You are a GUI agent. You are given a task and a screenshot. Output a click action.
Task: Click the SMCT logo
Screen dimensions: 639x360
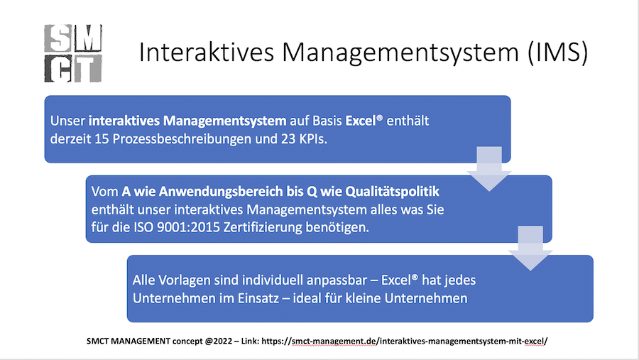[x=73, y=53]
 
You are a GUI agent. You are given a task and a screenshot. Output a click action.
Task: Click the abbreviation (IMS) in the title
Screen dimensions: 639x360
[x=557, y=53]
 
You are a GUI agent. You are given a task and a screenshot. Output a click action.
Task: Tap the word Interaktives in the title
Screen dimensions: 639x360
[x=207, y=53]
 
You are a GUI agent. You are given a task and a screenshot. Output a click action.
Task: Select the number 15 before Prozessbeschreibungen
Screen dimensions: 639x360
[x=102, y=139]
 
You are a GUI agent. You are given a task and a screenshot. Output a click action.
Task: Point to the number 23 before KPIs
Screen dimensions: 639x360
[x=288, y=139]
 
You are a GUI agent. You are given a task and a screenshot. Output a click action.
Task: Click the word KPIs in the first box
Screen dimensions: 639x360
[x=313, y=139]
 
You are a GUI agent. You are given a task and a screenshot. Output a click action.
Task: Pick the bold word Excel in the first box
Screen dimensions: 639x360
[x=361, y=121]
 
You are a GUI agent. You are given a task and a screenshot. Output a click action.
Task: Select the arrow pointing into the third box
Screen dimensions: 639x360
[x=530, y=248]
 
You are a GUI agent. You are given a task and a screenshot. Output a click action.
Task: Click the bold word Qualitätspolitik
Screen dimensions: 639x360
[x=393, y=191]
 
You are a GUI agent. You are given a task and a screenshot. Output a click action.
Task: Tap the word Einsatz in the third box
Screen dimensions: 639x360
[x=258, y=298]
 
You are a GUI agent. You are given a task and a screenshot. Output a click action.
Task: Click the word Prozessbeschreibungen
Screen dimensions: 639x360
[x=182, y=139]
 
